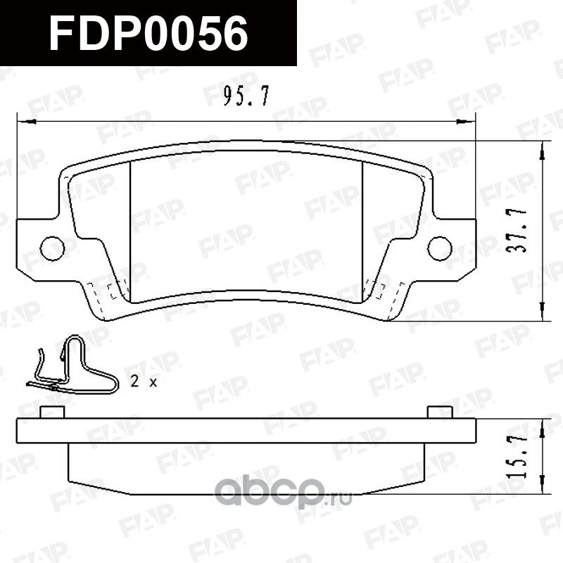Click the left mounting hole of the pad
click(x=51, y=247)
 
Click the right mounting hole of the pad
click(x=440, y=247)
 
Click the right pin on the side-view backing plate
click(x=438, y=412)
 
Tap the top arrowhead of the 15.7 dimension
click(x=543, y=424)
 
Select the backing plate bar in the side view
click(x=246, y=430)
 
